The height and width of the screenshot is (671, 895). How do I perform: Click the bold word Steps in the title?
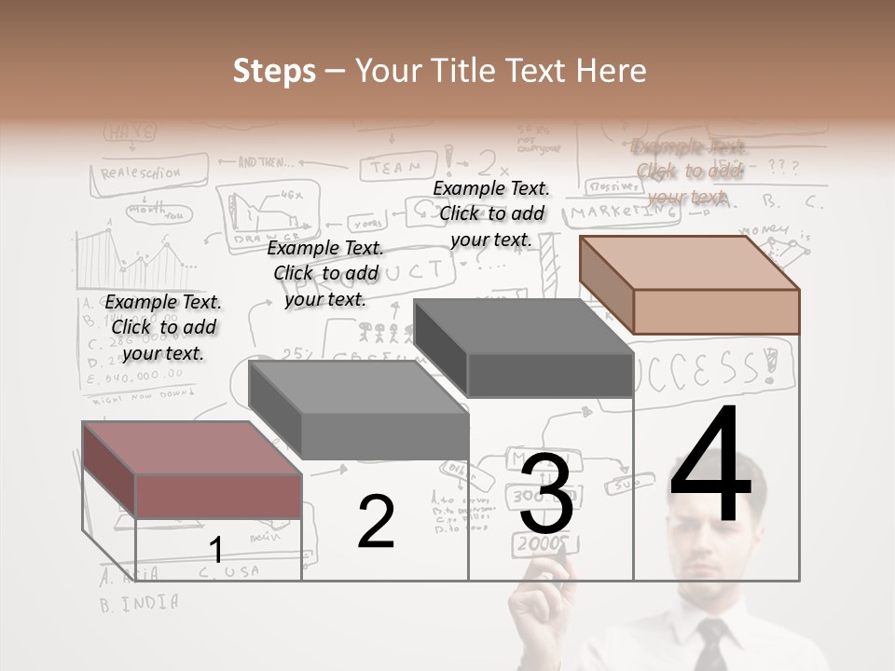pos(274,71)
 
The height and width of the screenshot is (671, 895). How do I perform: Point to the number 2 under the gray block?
pos(376,522)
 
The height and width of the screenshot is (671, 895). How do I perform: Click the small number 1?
pos(215,550)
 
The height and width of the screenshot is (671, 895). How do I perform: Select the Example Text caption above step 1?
pos(163,327)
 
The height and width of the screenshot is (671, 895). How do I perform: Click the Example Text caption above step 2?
pos(325,273)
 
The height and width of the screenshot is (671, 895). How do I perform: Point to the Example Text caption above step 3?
pos(491,213)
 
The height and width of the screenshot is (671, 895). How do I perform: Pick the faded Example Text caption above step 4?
pos(688,171)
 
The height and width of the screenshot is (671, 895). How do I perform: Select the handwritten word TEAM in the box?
pos(395,168)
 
